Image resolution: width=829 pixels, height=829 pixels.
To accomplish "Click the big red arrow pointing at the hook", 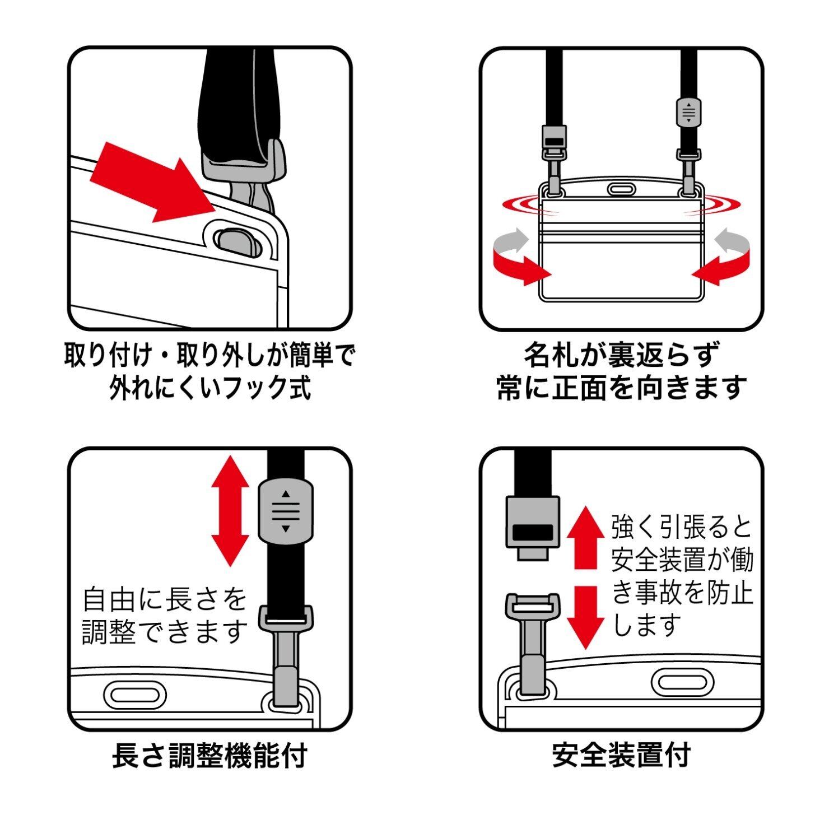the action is [148, 181].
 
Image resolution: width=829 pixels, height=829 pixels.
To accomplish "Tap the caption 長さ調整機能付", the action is [209, 755].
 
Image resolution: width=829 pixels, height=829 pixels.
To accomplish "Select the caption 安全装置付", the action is [621, 755].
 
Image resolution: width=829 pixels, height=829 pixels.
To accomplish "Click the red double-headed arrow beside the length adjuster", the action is [230, 510].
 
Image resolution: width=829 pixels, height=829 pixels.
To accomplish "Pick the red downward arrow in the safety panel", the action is [585, 616].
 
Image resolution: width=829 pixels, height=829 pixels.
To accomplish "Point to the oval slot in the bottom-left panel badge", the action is [135, 695].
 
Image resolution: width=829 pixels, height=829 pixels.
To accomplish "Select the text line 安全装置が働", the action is [682, 560].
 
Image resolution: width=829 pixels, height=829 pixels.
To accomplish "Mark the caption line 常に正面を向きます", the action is [622, 387].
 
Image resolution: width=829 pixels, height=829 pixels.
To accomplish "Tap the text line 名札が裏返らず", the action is [621, 355].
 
